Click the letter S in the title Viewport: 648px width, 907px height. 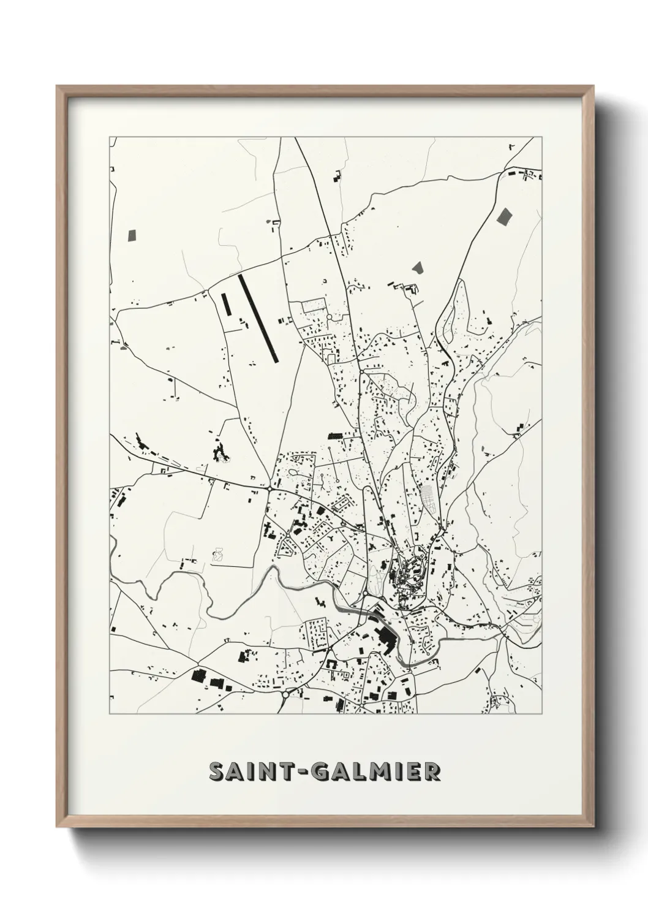point(217,772)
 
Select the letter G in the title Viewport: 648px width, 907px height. point(321,772)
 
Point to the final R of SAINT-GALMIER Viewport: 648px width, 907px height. point(431,772)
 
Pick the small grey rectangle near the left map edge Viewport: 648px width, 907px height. point(132,234)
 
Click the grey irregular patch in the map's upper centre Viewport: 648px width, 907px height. point(418,267)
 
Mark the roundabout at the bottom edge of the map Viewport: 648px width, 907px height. point(285,695)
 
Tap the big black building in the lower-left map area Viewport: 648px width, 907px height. point(198,675)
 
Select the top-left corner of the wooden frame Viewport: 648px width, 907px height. point(58,86)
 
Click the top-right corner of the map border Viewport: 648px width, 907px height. point(542,137)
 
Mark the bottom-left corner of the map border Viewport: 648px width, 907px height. point(110,714)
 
